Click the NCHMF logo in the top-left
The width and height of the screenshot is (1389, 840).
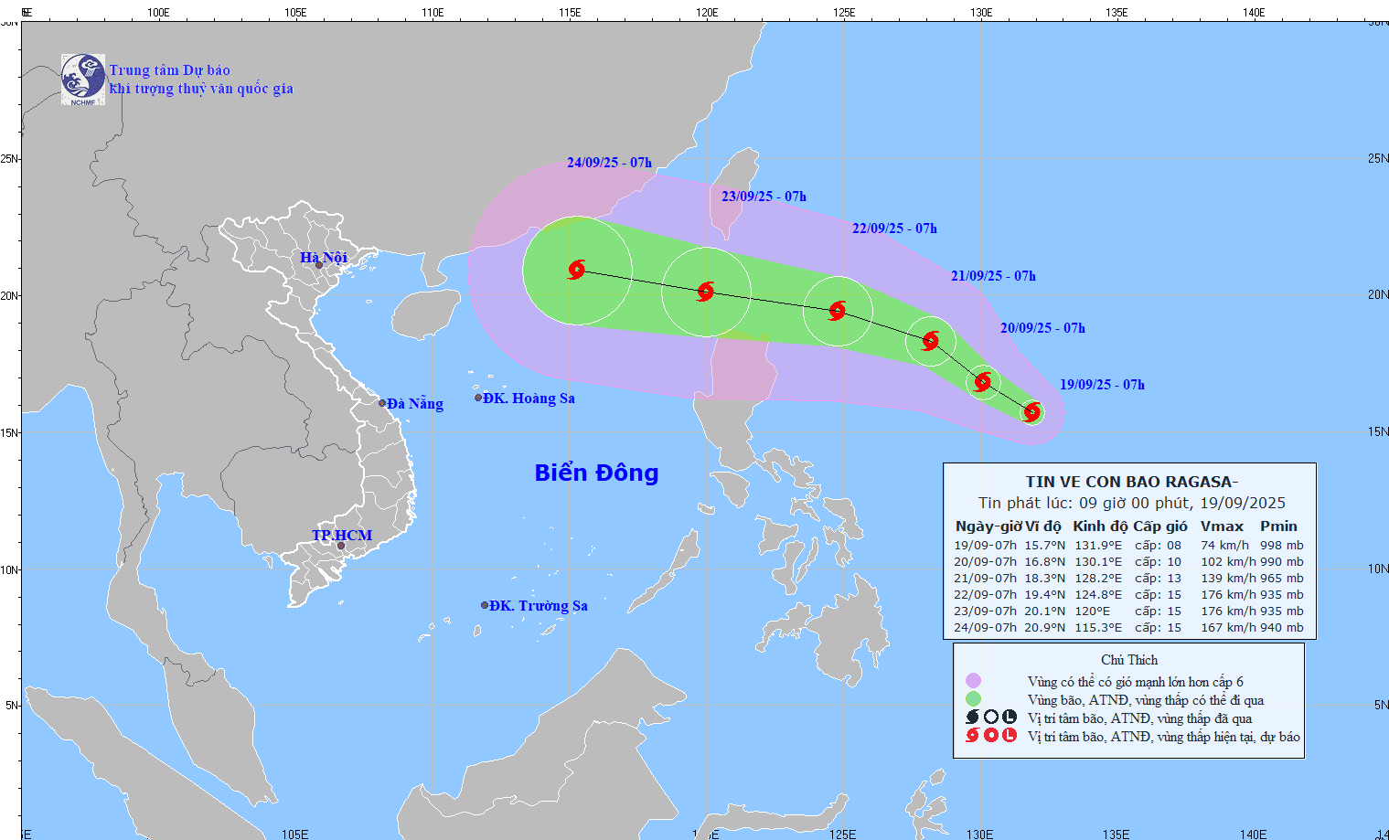point(82,80)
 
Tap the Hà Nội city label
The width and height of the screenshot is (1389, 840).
point(324,258)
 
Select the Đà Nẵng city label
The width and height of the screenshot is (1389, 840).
point(414,403)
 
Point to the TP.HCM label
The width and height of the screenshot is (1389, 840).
point(342,535)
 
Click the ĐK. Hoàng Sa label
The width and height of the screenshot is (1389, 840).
point(529,398)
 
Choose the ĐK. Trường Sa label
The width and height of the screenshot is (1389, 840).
point(538,605)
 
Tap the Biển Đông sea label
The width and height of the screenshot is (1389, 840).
point(596,473)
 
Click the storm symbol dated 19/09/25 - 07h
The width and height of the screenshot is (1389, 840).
point(1032,412)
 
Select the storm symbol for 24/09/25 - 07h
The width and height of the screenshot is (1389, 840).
point(577,270)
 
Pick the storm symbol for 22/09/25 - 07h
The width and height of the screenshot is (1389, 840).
point(838,311)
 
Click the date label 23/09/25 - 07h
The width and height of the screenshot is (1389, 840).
point(764,197)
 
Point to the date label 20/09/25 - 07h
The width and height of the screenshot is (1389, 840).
point(1042,328)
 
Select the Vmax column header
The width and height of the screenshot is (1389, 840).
point(1222,526)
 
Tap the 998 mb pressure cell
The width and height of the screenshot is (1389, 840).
point(1282,546)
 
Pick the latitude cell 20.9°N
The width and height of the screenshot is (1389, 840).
point(1044,628)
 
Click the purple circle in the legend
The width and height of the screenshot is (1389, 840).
point(973,681)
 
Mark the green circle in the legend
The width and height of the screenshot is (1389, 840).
point(973,699)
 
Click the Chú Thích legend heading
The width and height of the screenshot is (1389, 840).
point(1129,660)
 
